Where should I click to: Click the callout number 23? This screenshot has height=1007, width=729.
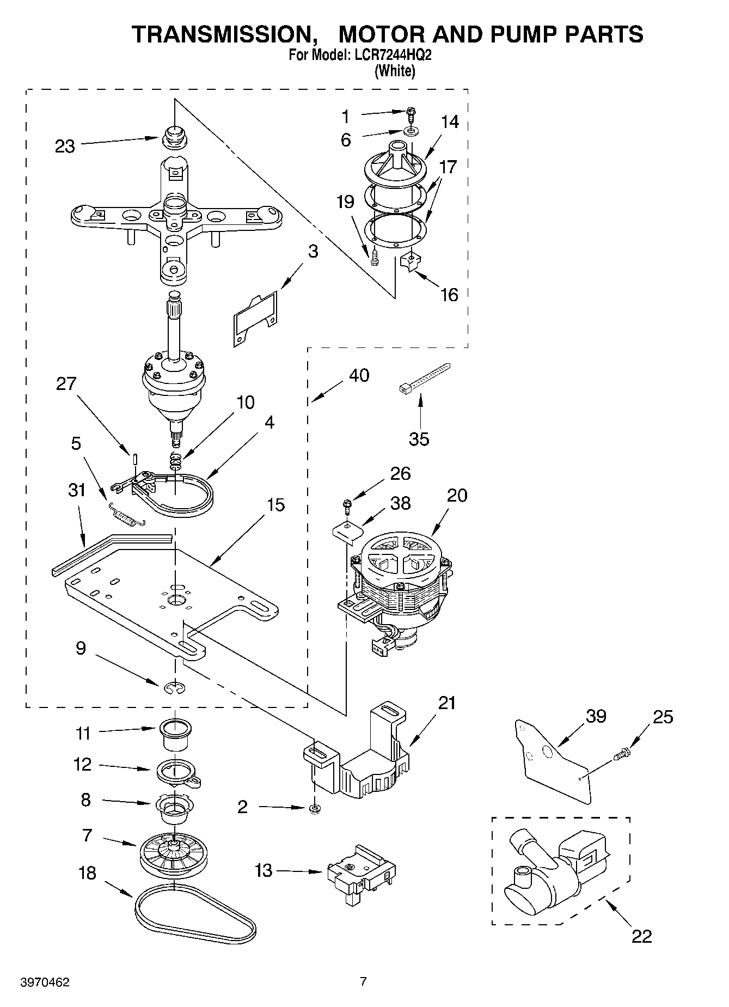(65, 147)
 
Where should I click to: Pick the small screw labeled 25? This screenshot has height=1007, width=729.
(622, 754)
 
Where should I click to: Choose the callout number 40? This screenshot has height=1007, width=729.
(359, 375)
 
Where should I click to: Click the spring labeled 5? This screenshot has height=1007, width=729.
(127, 514)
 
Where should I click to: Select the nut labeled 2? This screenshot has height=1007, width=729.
(314, 809)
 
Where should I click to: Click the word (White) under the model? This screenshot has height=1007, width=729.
(395, 71)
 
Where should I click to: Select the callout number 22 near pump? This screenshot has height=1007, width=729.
(641, 936)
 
